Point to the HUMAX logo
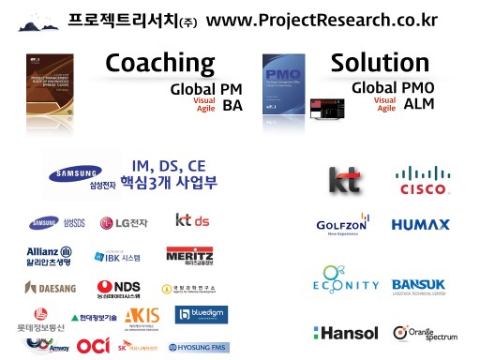tap(421, 225)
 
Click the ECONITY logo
tap(346, 283)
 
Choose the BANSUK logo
tap(424, 285)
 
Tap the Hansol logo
tap(347, 333)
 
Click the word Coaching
tap(159, 64)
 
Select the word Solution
tap(381, 64)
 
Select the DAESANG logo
tap(51, 287)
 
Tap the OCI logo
tap(93, 345)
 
